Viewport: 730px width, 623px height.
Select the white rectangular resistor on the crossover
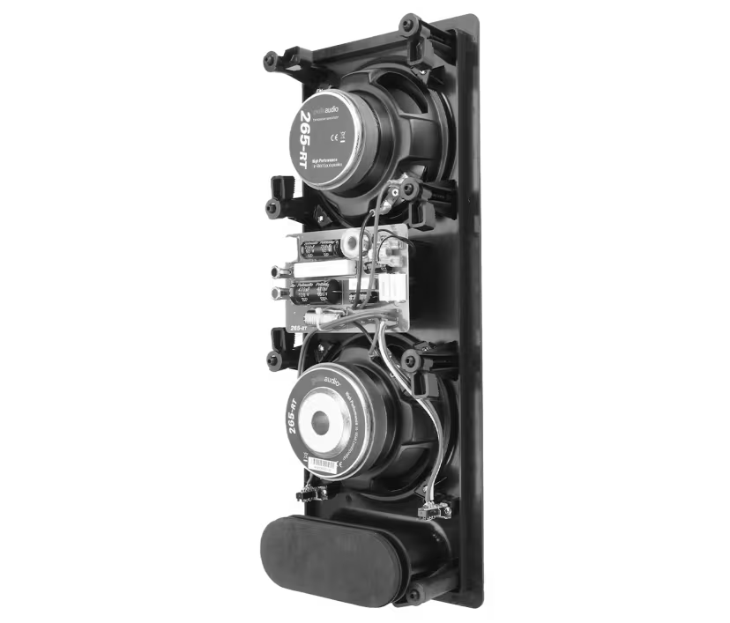coord(322,270)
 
